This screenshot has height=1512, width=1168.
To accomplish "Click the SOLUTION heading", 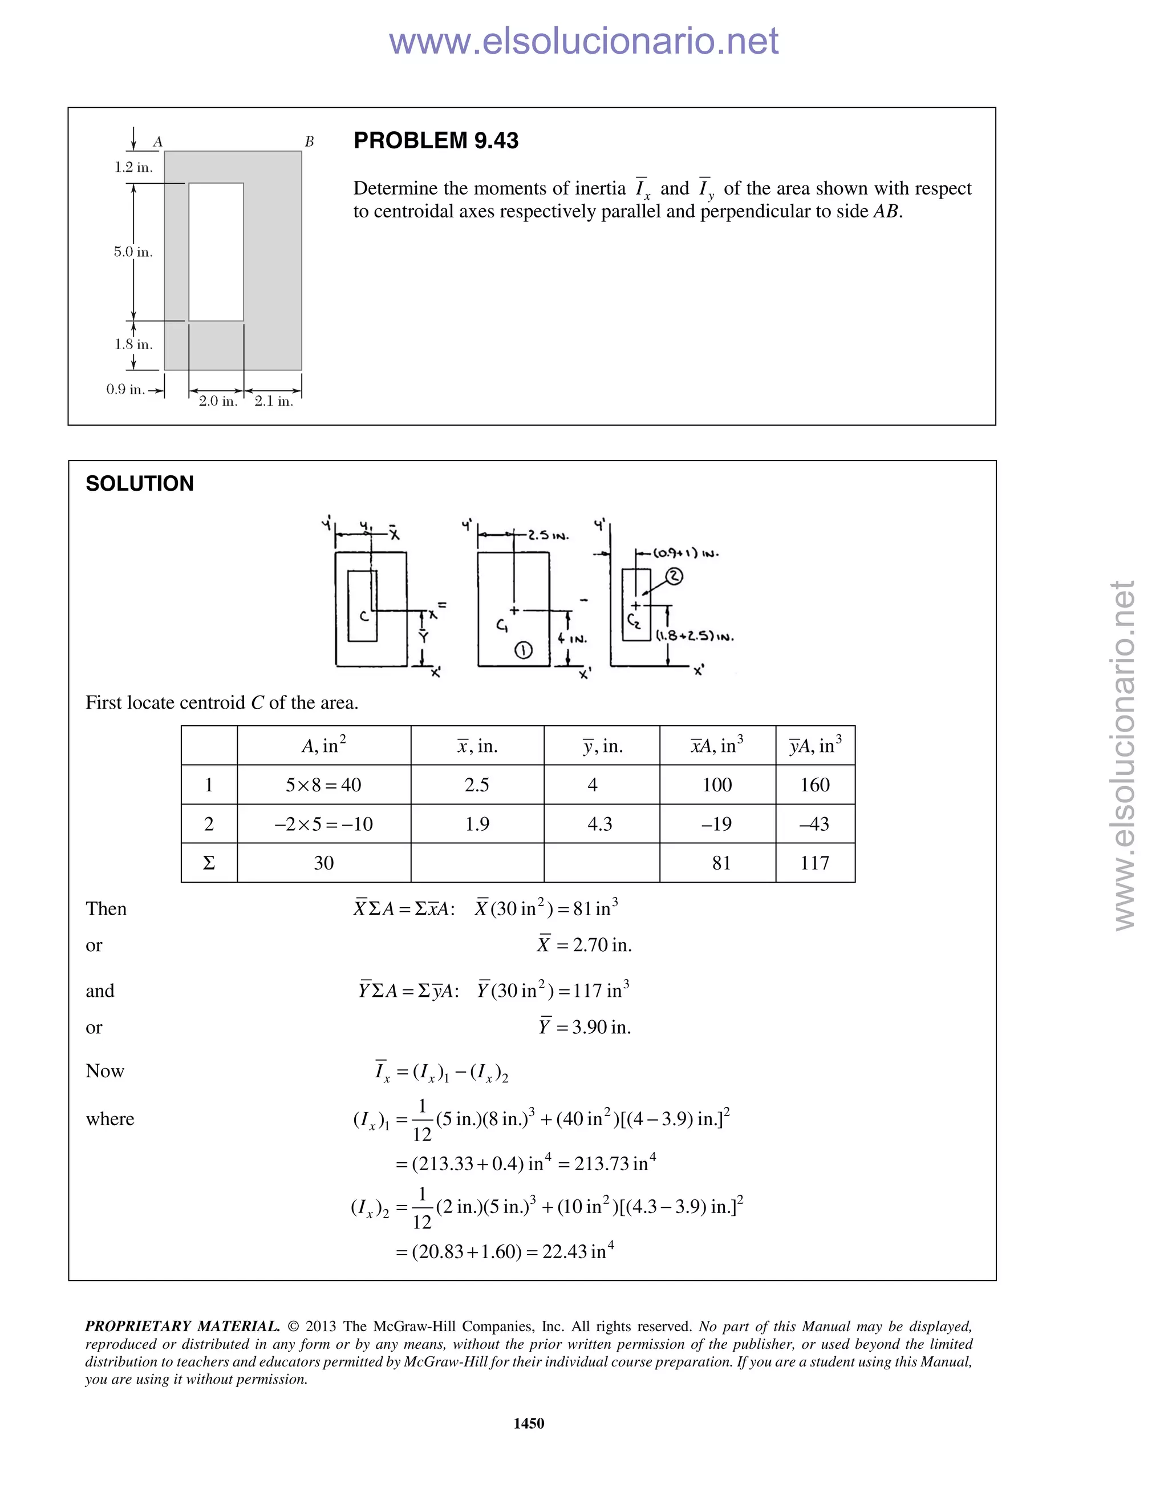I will tap(139, 483).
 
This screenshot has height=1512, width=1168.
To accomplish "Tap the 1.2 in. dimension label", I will tap(133, 168).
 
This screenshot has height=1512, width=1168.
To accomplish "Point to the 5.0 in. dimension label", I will tap(133, 252).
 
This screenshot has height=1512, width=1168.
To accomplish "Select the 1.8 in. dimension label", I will tap(133, 344).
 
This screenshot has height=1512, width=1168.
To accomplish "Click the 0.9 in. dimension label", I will tap(125, 389).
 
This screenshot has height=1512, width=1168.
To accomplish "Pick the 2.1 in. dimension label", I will tap(274, 401).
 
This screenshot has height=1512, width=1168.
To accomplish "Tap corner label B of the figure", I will tap(309, 142).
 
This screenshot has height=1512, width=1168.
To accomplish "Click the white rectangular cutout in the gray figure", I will tap(216, 252).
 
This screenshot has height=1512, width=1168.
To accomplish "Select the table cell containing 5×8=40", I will tap(323, 785).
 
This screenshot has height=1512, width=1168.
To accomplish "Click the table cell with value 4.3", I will tap(600, 824).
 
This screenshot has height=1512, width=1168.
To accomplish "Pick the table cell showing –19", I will tap(717, 824).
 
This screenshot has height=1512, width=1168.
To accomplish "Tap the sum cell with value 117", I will tap(814, 863).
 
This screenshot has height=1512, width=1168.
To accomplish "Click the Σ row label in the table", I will tap(209, 863).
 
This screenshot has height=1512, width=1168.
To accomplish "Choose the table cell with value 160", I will tap(814, 785).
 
